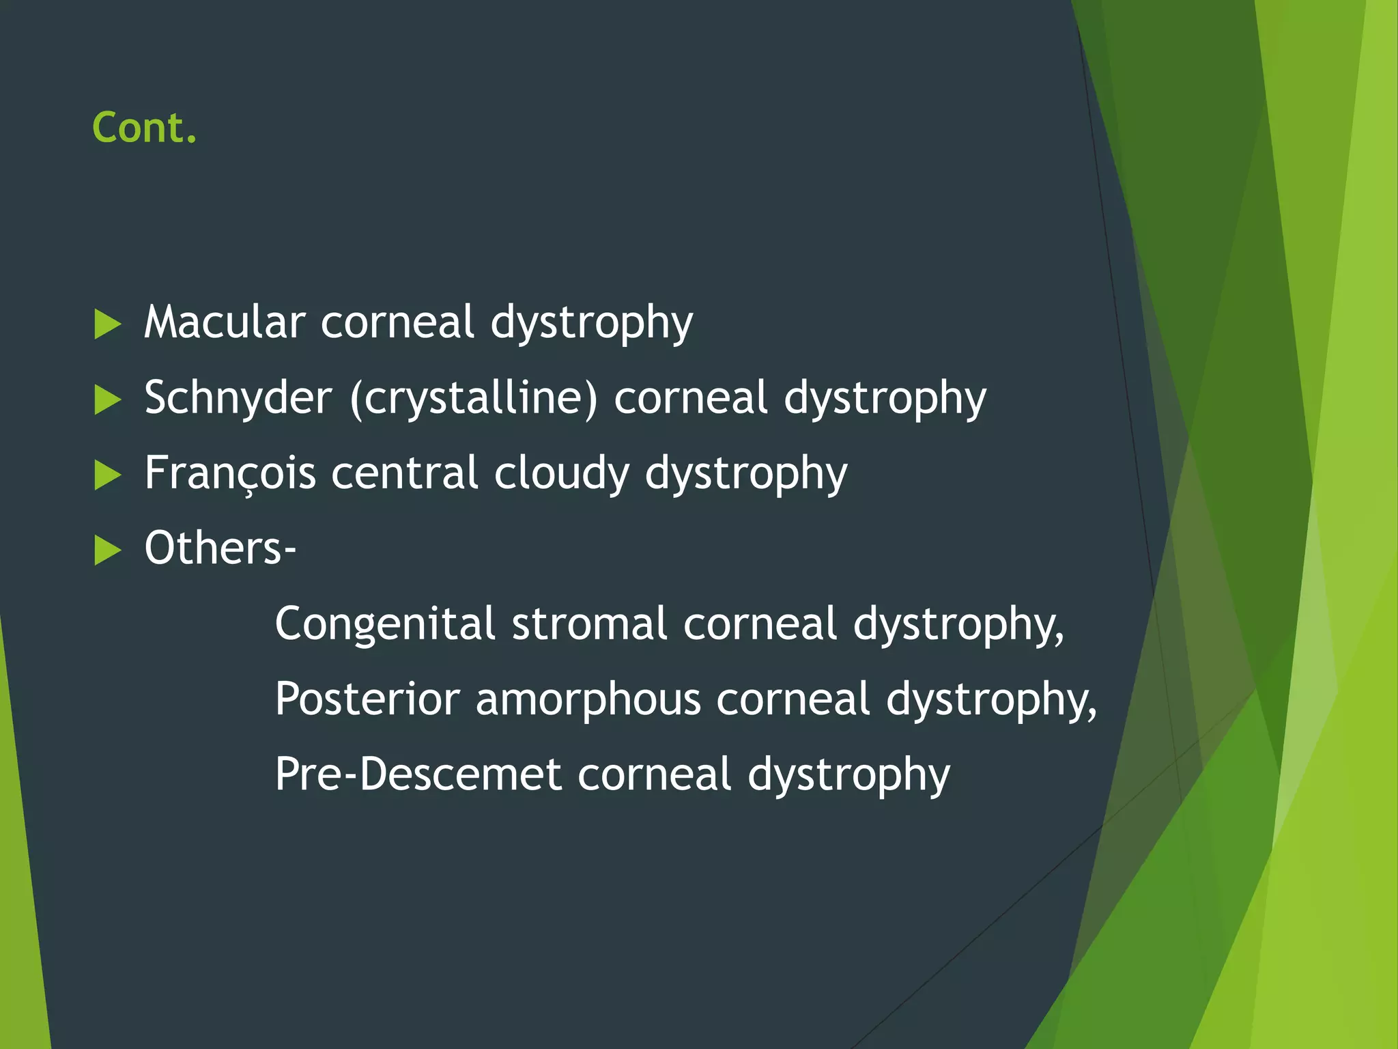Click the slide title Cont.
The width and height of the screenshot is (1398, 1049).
tap(145, 128)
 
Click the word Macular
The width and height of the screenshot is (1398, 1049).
tap(225, 322)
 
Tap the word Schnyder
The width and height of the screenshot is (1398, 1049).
tap(238, 397)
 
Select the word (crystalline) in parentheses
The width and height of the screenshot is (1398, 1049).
tap(473, 397)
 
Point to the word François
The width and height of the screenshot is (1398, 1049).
tap(230, 473)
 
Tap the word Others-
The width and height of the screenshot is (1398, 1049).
tap(220, 548)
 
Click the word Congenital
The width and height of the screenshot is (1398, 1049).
tap(385, 624)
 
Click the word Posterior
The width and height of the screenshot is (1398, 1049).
tap(368, 699)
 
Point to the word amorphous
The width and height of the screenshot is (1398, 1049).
tap(588, 699)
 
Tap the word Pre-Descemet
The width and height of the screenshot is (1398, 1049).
tap(418, 774)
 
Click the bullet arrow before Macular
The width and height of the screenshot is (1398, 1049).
tap(107, 324)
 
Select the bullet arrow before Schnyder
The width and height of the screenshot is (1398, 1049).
tap(107, 400)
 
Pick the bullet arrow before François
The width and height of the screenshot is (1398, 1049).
tap(107, 475)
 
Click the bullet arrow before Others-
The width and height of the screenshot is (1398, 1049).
tap(107, 550)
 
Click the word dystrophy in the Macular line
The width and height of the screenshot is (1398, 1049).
tap(592, 324)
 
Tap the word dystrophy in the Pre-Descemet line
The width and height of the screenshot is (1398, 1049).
tap(848, 776)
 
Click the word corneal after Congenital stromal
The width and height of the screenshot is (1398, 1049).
tap(760, 624)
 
